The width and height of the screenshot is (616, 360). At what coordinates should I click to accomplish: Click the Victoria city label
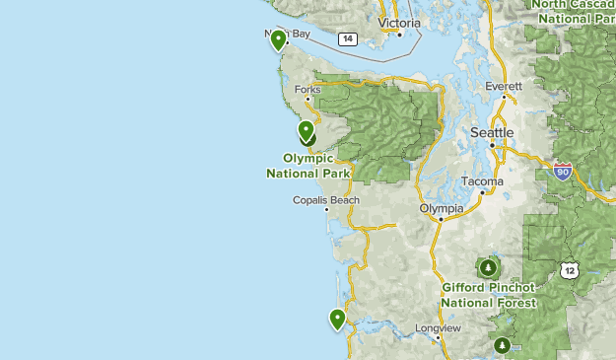pyautogui.click(x=399, y=23)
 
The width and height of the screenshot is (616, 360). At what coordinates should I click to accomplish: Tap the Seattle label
pyautogui.click(x=492, y=132)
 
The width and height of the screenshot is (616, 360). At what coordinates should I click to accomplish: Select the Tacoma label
pyautogui.click(x=482, y=181)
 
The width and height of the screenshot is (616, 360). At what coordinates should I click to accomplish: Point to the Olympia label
pyautogui.click(x=441, y=208)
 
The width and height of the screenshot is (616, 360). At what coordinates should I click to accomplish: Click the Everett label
pyautogui.click(x=503, y=87)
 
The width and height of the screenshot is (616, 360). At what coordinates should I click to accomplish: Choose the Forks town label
pyautogui.click(x=308, y=90)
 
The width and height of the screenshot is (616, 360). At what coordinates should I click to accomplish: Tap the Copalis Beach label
pyautogui.click(x=326, y=200)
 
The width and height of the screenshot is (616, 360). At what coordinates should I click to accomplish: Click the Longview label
pyautogui.click(x=438, y=327)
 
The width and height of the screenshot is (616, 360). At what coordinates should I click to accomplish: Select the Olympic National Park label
pyautogui.click(x=308, y=165)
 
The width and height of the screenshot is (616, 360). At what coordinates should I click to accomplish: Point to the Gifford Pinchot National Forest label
pyautogui.click(x=489, y=295)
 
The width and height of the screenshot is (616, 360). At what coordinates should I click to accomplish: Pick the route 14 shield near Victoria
pyautogui.click(x=346, y=38)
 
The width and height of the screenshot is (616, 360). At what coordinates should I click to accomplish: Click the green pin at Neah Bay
pyautogui.click(x=279, y=39)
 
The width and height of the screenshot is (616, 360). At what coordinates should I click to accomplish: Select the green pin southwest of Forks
pyautogui.click(x=307, y=130)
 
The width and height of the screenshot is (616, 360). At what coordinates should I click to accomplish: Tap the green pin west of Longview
pyautogui.click(x=338, y=319)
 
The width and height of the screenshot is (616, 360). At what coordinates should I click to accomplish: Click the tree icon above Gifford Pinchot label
pyautogui.click(x=487, y=267)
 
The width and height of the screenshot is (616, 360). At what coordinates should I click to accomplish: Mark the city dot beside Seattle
pyautogui.click(x=492, y=146)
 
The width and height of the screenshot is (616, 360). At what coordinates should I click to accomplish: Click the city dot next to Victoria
pyautogui.click(x=399, y=35)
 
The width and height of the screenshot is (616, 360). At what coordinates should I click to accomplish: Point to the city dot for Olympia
pyautogui.click(x=441, y=219)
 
